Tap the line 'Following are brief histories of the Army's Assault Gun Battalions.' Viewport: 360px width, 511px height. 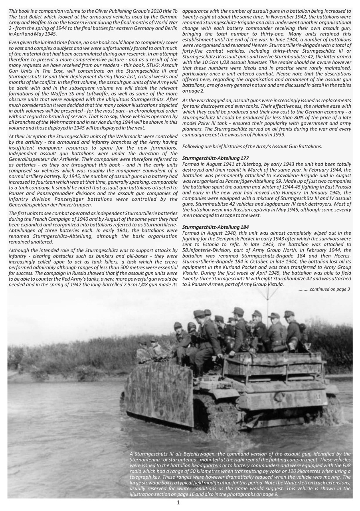coord(252,147)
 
